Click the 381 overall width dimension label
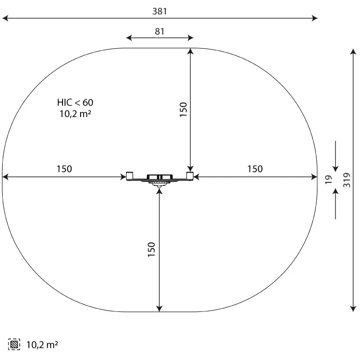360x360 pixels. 160,11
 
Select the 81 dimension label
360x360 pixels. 160,31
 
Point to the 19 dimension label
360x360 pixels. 328,180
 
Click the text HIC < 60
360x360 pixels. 75,103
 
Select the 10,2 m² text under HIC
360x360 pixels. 75,114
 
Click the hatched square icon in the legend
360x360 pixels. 14,344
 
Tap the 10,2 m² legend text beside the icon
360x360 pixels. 42,345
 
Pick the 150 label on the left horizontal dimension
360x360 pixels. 64,169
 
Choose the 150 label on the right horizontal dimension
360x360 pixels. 255,169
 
